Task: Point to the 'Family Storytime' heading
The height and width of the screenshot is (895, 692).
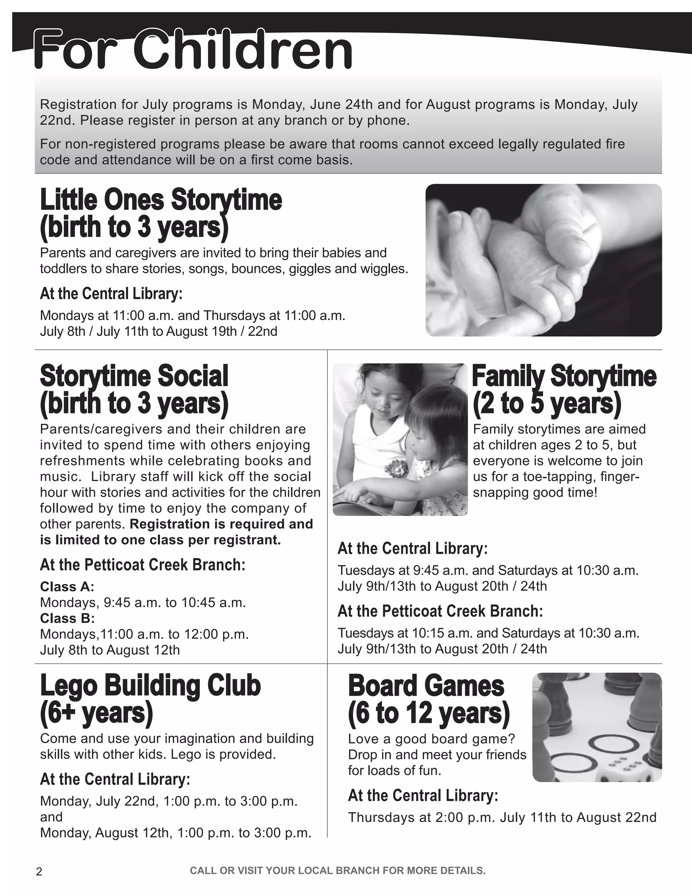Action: (x=564, y=376)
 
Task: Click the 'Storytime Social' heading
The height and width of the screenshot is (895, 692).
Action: (x=134, y=376)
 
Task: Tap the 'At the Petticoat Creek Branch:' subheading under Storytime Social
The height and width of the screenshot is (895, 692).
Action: (x=143, y=565)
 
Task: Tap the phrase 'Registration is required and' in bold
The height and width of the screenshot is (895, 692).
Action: (x=221, y=524)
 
